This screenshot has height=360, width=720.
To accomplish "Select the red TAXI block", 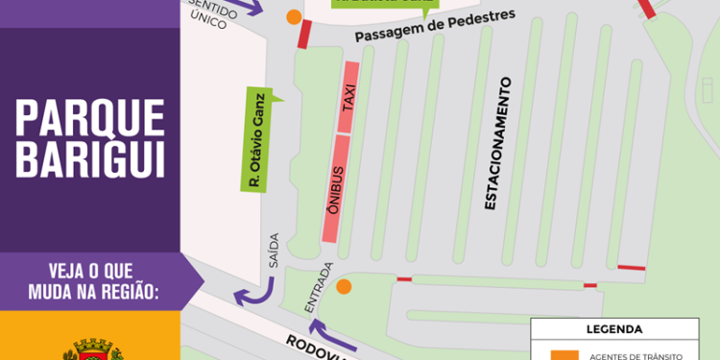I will [x=348, y=97].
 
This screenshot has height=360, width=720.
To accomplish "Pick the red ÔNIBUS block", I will [x=335, y=187].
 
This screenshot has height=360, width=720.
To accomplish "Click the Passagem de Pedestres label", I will [x=435, y=28].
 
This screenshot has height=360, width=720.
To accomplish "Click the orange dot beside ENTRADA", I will [x=344, y=286].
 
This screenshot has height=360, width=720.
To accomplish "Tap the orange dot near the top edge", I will [x=293, y=16].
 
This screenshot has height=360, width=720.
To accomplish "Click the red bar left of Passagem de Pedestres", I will [x=304, y=36].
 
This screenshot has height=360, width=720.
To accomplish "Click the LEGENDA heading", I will [x=614, y=328].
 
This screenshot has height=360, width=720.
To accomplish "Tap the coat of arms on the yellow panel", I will [x=92, y=348].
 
